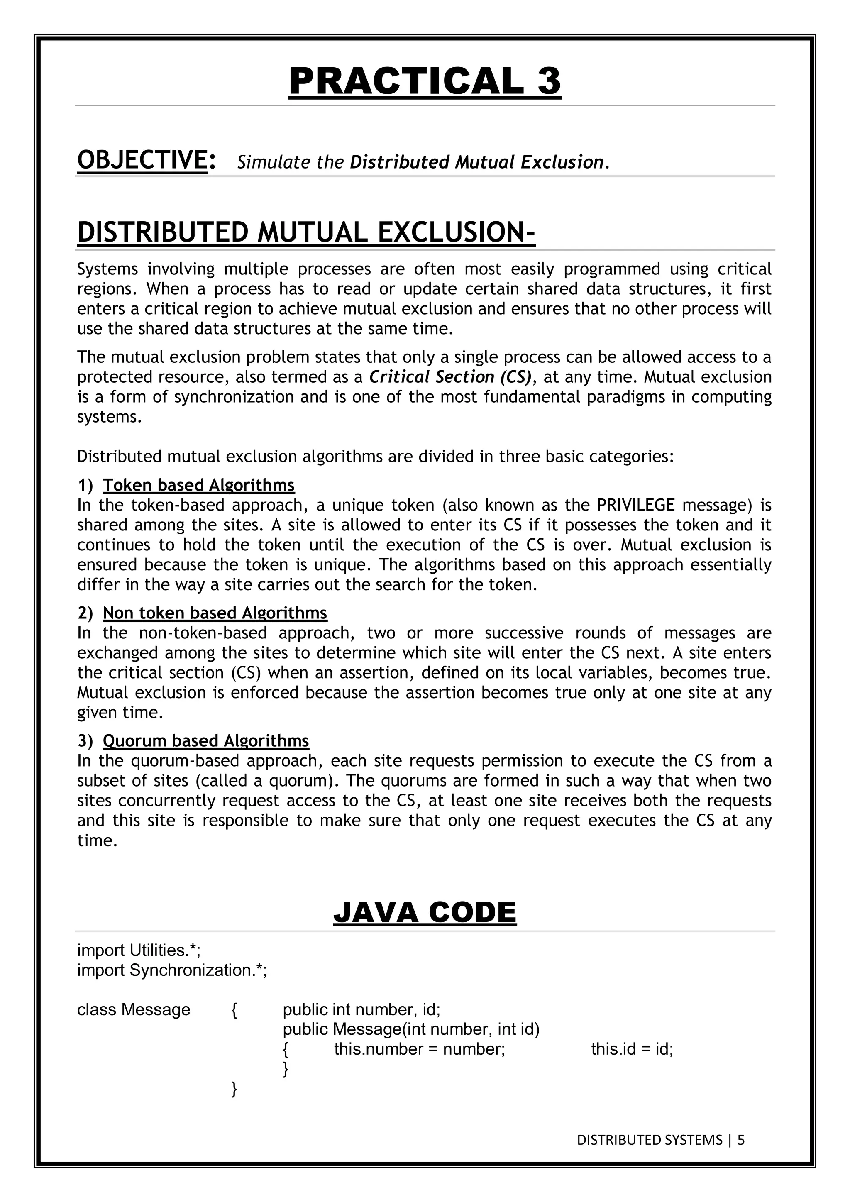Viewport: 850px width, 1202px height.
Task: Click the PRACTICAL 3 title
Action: [x=425, y=81]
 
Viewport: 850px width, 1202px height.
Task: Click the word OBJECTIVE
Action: [x=142, y=160]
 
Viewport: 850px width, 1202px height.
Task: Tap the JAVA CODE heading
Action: [x=425, y=912]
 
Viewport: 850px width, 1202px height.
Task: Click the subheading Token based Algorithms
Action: [x=198, y=485]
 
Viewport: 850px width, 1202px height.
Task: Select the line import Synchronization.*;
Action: [x=172, y=970]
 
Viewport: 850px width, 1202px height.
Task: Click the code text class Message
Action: [x=134, y=1009]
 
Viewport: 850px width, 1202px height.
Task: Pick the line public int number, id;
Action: [x=361, y=1009]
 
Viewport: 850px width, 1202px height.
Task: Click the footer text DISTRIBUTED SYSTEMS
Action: [x=649, y=1140]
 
